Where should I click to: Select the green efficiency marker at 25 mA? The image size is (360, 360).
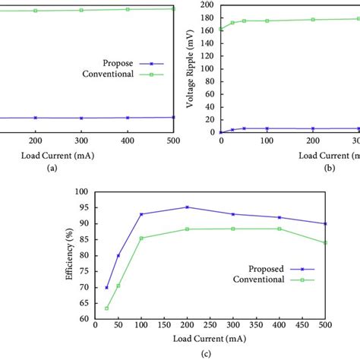(x=106, y=308)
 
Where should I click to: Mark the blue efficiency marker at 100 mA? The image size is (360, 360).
(x=141, y=214)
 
